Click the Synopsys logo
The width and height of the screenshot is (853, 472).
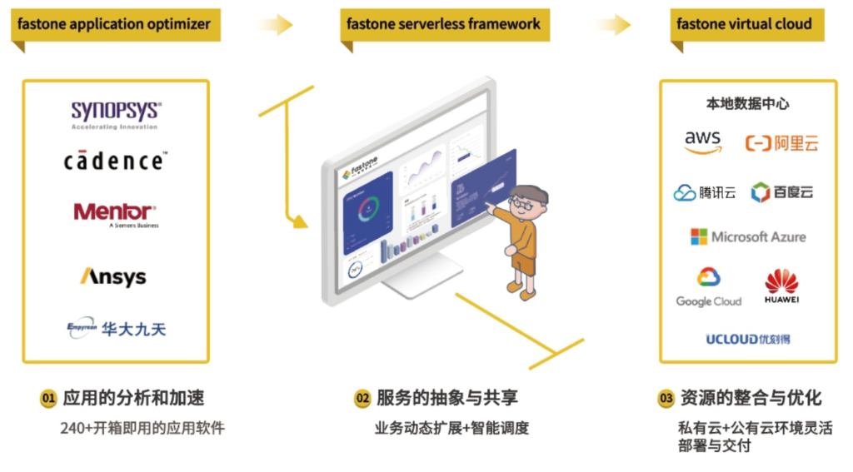click(115, 114)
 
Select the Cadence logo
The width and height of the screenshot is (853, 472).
click(115, 160)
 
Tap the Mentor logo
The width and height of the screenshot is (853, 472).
click(115, 213)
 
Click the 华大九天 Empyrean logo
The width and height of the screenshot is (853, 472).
click(116, 329)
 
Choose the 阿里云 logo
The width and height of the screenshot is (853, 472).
click(781, 143)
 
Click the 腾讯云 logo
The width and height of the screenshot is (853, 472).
click(705, 192)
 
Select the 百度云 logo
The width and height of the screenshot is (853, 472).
click(781, 192)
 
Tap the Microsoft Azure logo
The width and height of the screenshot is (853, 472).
click(748, 237)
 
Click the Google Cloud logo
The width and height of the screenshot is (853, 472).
click(708, 287)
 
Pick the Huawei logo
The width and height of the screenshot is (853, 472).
click(781, 286)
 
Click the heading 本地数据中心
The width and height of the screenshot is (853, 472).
click(747, 104)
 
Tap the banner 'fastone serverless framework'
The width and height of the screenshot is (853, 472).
click(444, 24)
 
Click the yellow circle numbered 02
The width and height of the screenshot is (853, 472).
click(362, 399)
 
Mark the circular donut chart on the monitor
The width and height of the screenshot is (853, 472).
click(368, 208)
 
